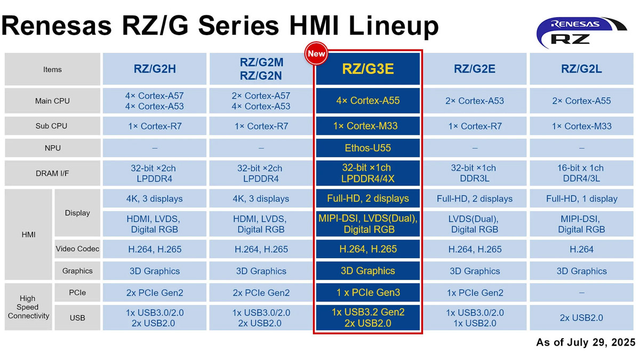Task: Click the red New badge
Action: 316,54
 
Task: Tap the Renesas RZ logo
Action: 581,32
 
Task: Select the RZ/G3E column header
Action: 368,69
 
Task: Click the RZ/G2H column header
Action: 155,69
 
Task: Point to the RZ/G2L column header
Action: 581,69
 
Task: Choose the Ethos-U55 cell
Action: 368,148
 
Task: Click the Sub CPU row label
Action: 52,126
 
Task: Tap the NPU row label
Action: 52,148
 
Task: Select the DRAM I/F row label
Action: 52,173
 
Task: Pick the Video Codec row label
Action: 77,249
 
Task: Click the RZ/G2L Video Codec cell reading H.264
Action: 581,249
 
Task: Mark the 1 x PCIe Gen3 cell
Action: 368,292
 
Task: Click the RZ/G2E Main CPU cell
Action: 475,101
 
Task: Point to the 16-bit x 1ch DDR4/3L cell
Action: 581,173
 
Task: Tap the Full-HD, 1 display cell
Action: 581,198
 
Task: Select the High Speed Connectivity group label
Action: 28,307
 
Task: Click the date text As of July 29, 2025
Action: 585,342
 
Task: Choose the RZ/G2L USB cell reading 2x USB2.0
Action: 581,317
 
